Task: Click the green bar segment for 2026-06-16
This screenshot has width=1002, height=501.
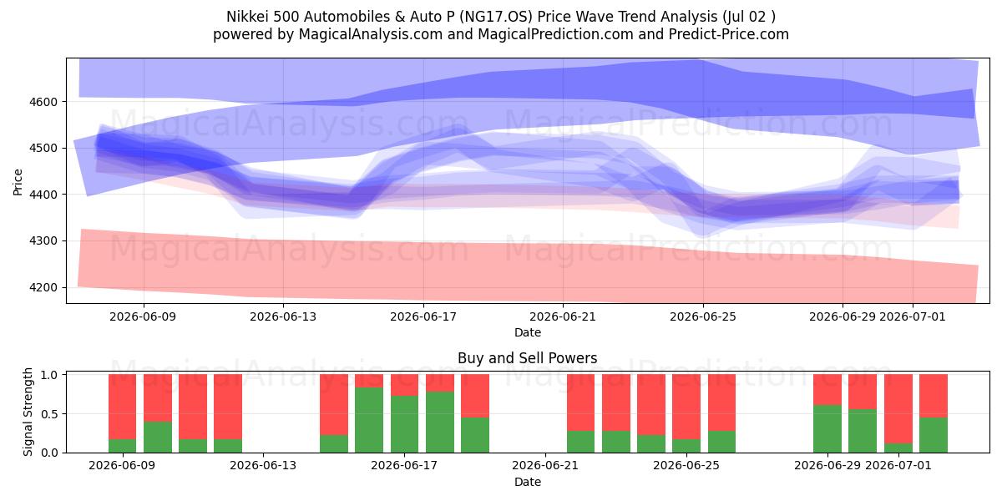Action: pyautogui.click(x=369, y=419)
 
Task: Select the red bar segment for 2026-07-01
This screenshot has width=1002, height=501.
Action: pyautogui.click(x=898, y=409)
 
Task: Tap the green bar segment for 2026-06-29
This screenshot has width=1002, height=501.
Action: pyautogui.click(x=827, y=428)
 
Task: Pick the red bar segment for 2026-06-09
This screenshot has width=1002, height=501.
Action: pyautogui.click(x=122, y=407)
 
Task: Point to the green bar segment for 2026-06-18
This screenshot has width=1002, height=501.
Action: pyautogui.click(x=440, y=422)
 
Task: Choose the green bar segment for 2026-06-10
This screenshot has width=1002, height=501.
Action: pyautogui.click(x=158, y=437)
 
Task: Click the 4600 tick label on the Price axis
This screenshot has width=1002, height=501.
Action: pyautogui.click(x=43, y=102)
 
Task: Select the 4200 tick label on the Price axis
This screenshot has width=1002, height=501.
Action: pyautogui.click(x=43, y=287)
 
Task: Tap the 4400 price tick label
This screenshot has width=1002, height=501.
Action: pyautogui.click(x=43, y=195)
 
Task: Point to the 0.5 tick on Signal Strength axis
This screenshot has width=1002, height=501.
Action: pyautogui.click(x=49, y=414)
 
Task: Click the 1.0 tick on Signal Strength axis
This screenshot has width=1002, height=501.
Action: pyautogui.click(x=49, y=375)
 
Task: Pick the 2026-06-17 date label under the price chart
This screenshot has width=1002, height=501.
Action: pyautogui.click(x=423, y=316)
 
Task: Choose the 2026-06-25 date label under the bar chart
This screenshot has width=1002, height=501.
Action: pyautogui.click(x=686, y=465)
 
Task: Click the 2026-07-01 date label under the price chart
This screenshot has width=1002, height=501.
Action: pyautogui.click(x=913, y=316)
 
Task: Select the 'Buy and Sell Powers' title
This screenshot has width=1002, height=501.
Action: pyautogui.click(x=528, y=358)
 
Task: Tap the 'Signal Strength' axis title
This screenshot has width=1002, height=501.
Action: pyautogui.click(x=28, y=412)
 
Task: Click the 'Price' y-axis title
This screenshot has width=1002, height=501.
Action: pyautogui.click(x=18, y=182)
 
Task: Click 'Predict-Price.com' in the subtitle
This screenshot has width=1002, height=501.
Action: pyautogui.click(x=729, y=34)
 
